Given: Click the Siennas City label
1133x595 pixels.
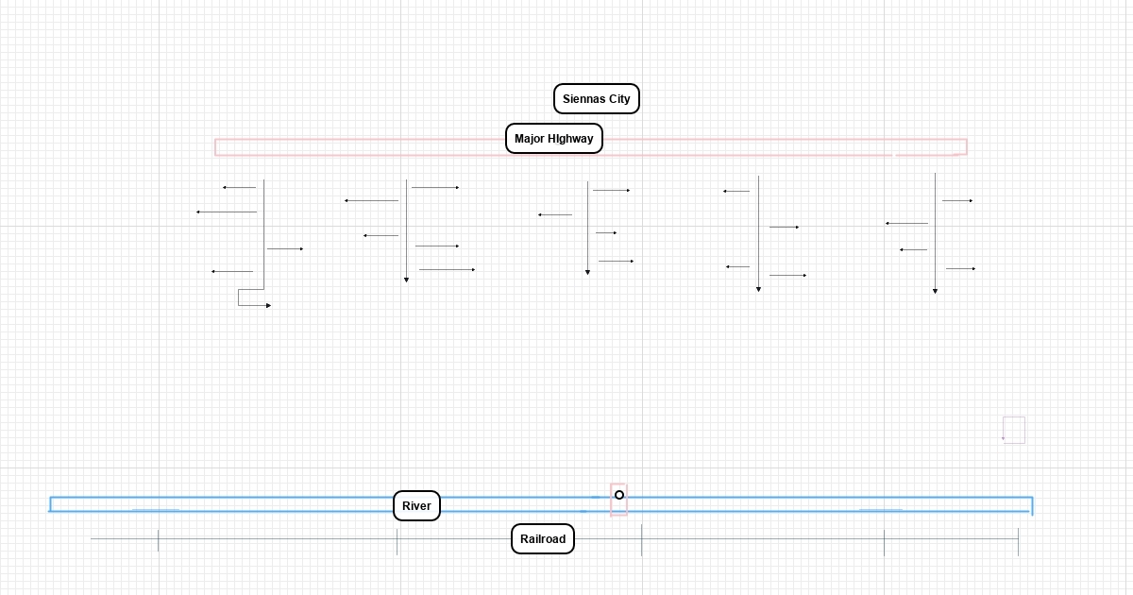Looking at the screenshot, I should pos(596,99).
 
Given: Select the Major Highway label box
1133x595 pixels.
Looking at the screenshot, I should pos(553,139).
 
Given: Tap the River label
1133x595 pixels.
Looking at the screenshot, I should pos(416,506).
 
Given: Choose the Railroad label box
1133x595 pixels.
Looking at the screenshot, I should pos(543,539).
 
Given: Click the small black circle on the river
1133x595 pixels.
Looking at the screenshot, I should pos(619,495).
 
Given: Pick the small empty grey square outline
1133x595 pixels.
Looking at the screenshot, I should pos(1014,430).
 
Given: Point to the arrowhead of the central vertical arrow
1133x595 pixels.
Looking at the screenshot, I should pos(587,272).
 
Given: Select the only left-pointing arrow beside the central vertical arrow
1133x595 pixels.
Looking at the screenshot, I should pos(555,215).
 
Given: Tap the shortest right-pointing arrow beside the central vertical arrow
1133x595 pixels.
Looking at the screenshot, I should pos(606,232).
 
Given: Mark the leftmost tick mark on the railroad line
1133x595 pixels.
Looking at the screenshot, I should pos(159,540).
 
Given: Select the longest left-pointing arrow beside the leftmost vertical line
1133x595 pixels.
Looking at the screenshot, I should pos(227,212).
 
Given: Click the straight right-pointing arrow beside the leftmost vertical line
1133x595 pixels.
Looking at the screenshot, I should pos(285,249).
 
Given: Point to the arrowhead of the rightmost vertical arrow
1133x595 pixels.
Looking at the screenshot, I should pos(935,291).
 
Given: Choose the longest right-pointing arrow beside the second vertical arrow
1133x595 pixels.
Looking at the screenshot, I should pos(447,270).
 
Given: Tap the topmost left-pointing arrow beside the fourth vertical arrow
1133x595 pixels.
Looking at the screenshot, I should pos(736,192).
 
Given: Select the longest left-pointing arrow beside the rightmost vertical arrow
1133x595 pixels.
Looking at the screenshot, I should pos(906,224).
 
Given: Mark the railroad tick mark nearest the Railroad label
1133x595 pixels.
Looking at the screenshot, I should pos(641,540).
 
